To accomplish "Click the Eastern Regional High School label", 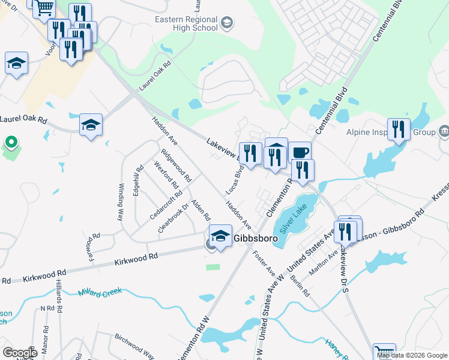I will point(186,23).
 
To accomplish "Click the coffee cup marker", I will point(300,153).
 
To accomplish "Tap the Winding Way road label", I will point(121,203).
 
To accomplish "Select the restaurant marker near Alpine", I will point(399,130).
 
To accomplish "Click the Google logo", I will point(20,353).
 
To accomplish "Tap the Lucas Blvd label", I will point(234,179).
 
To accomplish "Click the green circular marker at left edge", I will point(10,143).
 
